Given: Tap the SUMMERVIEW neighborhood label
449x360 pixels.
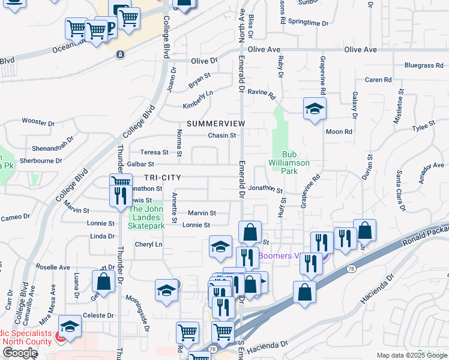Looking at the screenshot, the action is pos(215,123).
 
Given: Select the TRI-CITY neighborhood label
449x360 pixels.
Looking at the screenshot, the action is pos(162,178).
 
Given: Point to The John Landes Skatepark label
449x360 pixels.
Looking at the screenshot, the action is pos(146,217).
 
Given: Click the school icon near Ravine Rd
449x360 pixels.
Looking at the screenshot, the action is pos(314,109).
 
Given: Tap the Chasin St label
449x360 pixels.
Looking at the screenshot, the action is pos(221,136).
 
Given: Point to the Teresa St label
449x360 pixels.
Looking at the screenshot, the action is pos(154,152).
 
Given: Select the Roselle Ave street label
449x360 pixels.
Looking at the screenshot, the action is pos(53,267).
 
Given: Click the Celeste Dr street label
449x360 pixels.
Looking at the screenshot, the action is pos(98,315).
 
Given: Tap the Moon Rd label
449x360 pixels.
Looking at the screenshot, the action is pos(339,131).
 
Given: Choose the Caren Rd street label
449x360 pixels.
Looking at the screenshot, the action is pos(378,80).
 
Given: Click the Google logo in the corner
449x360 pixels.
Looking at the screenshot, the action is pos(20,353).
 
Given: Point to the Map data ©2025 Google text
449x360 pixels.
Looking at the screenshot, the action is pos(412,355).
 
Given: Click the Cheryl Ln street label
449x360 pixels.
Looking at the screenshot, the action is pos(148,244).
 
